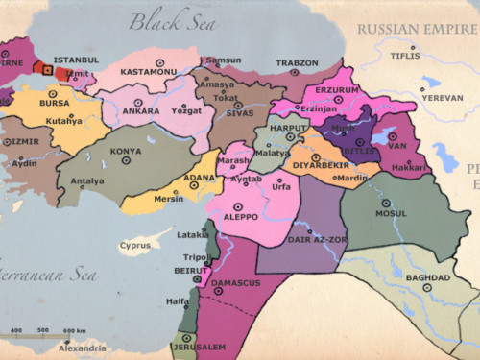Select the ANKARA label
[x=140, y=110]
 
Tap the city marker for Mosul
[x=386, y=204]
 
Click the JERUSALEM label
[x=199, y=347]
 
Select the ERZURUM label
[x=331, y=94]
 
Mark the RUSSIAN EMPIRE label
[x=417, y=29]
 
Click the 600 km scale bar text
[x=75, y=331]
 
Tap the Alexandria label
[x=81, y=348]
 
